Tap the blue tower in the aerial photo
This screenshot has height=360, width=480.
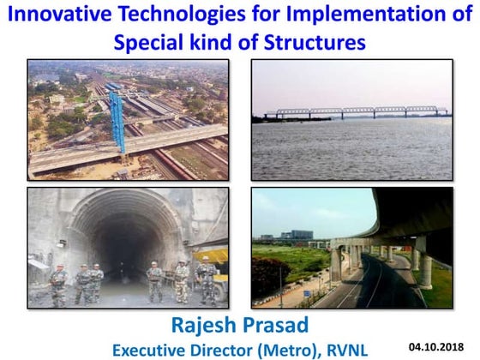117,120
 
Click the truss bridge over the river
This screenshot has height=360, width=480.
357,112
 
